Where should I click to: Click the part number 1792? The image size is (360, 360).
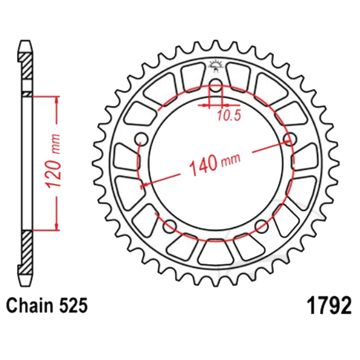(x=329, y=306)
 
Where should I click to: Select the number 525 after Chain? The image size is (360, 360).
(x=74, y=305)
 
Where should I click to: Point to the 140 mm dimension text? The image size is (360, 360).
(x=215, y=164)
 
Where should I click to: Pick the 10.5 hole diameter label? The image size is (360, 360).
(x=229, y=116)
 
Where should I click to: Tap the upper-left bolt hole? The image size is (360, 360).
(x=141, y=139)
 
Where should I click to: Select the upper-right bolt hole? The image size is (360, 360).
(x=290, y=139)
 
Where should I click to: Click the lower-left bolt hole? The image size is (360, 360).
(x=170, y=226)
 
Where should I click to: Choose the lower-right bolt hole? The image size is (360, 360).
(x=262, y=226)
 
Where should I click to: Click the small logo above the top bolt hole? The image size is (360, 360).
(x=215, y=66)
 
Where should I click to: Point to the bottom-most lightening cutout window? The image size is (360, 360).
(x=216, y=252)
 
